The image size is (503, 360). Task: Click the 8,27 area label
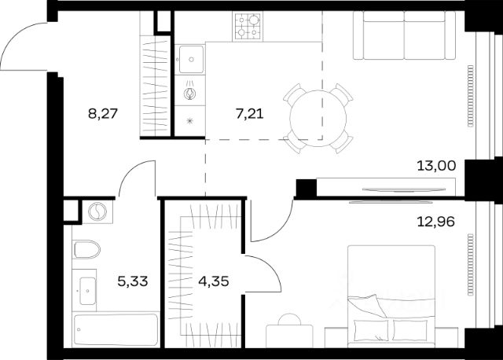[x=103, y=114]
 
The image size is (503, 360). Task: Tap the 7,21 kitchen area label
[x=250, y=114]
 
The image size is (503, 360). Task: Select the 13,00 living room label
[x=436, y=166]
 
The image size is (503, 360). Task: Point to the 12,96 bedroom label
[x=435, y=222]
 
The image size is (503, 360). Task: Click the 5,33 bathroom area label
[x=133, y=281]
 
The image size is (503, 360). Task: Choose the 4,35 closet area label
[x=214, y=281]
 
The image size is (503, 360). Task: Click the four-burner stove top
[x=248, y=26]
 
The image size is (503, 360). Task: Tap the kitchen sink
[x=191, y=60]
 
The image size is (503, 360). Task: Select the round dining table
[x=318, y=119]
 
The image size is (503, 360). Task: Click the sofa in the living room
[x=404, y=35]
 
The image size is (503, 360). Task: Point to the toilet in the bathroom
[x=87, y=249]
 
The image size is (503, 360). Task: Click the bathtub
[x=116, y=330]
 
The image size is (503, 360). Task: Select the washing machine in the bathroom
[x=97, y=211]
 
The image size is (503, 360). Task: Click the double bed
[x=391, y=296]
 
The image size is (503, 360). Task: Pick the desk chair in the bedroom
[x=290, y=319]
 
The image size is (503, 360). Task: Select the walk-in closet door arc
[x=270, y=269]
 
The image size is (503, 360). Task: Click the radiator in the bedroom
[x=470, y=264]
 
